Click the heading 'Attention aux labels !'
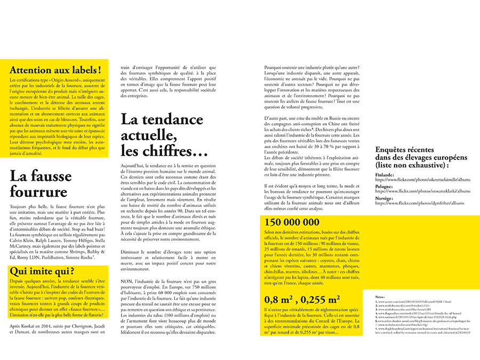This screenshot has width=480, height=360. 55,69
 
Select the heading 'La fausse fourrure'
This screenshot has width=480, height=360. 39,183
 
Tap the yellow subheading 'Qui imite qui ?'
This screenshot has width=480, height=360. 42,271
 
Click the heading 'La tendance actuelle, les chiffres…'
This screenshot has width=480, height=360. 164,134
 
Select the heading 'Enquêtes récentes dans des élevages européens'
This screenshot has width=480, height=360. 421,157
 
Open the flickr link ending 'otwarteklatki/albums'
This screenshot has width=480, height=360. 422,191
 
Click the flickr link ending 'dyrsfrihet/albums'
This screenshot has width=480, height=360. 419,203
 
